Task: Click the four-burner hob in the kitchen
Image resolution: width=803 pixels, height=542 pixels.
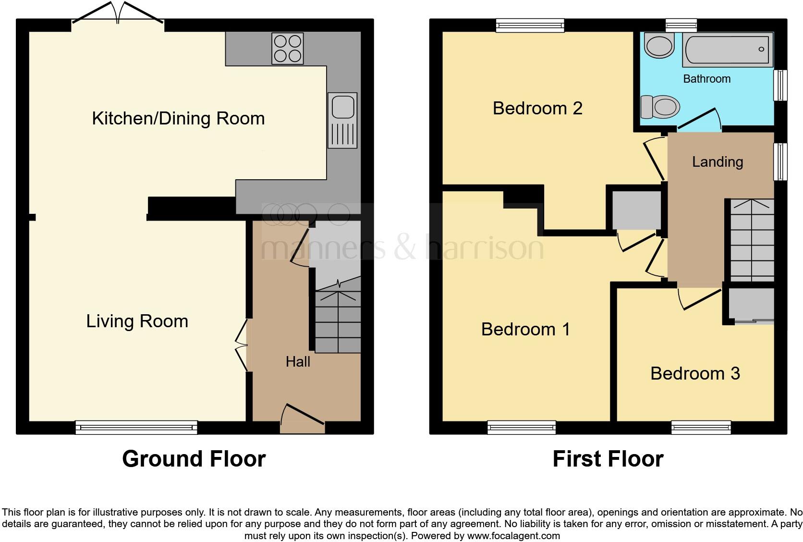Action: point(287,49)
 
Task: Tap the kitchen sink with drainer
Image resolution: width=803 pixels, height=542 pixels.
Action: point(342,120)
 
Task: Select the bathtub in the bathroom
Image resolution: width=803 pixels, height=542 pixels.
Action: point(728,50)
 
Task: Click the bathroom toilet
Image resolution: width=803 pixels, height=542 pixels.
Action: point(660,106)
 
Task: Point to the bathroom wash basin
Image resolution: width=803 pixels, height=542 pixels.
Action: point(660,46)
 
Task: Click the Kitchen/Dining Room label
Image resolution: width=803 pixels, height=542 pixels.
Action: point(178,118)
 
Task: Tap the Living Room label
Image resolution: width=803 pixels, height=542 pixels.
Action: point(137,321)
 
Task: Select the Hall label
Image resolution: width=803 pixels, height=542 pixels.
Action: point(298,362)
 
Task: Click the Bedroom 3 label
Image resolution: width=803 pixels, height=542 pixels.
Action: point(695,373)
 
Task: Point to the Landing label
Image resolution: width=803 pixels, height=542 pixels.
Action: point(717,162)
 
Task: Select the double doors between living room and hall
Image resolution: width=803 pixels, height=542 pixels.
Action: point(242,345)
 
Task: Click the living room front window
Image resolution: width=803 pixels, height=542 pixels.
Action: point(136,427)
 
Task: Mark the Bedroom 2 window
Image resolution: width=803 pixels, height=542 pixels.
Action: point(530,25)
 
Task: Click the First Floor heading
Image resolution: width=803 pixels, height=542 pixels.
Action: point(608,459)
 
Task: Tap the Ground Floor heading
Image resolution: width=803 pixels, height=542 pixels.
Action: point(194,459)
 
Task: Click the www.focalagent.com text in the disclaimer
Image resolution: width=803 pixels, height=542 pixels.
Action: point(513,535)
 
